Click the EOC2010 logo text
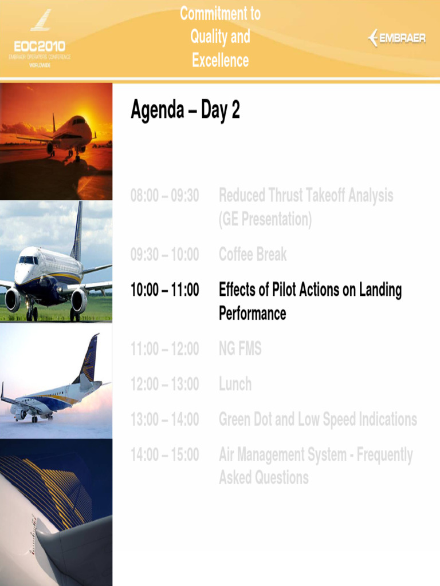click(x=40, y=46)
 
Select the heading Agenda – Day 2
click(x=185, y=110)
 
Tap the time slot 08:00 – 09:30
click(x=165, y=196)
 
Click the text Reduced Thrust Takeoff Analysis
click(x=306, y=196)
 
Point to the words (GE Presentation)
click(x=265, y=219)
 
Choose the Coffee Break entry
click(x=253, y=255)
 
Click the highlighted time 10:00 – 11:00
click(x=165, y=290)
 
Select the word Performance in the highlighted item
click(x=252, y=314)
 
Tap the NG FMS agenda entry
click(x=240, y=349)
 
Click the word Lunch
click(x=235, y=384)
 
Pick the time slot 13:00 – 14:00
click(x=165, y=419)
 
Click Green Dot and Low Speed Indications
click(x=317, y=419)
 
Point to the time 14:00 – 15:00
click(x=165, y=455)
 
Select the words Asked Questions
click(x=264, y=478)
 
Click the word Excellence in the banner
click(x=221, y=60)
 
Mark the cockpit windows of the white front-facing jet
click(x=27, y=260)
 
